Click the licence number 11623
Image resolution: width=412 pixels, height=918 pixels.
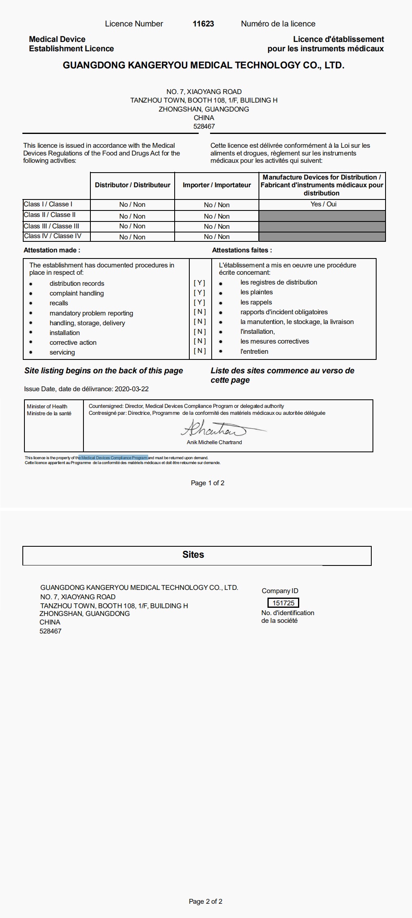click(x=203, y=24)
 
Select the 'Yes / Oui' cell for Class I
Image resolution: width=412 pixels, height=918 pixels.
click(x=323, y=204)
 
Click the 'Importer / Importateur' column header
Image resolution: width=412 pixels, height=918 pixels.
click(x=217, y=185)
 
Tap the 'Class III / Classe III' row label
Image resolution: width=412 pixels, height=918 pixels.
click(x=51, y=226)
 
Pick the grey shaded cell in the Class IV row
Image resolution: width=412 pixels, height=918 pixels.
click(x=322, y=237)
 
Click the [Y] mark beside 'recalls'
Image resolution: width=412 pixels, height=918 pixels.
click(x=199, y=302)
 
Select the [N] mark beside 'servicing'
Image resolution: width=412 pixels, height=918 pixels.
click(x=199, y=351)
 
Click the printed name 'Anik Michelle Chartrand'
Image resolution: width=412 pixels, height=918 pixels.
click(x=214, y=443)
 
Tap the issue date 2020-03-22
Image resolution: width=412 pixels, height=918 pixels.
click(x=131, y=389)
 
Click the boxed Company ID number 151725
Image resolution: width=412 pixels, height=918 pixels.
click(x=283, y=603)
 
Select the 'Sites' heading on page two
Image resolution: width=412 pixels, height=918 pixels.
click(x=193, y=555)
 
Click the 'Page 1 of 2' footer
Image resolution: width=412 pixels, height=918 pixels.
click(x=208, y=483)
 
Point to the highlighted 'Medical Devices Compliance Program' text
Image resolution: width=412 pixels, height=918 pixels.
click(x=114, y=458)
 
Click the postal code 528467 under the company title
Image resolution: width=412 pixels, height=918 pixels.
click(x=204, y=127)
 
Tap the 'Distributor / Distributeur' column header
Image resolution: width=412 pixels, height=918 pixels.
click(x=132, y=185)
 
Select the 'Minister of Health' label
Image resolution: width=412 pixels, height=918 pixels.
click(x=47, y=406)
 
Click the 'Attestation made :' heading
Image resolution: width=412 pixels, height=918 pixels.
click(x=52, y=250)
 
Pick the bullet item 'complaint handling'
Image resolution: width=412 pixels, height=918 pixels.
click(x=77, y=294)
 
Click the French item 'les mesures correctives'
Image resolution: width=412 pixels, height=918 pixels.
click(x=274, y=342)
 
